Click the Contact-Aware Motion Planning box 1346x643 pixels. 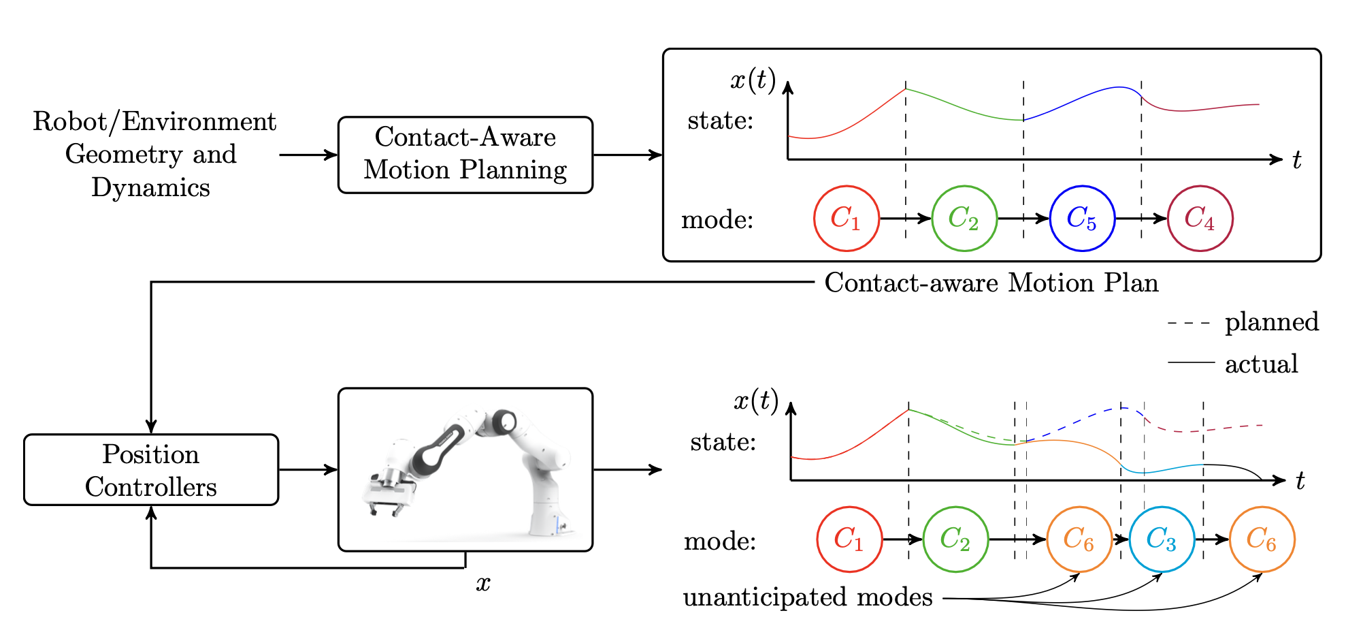pyautogui.click(x=465, y=155)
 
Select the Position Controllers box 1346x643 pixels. pyautogui.click(x=151, y=470)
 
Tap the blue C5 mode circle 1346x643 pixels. pyautogui.click(x=1082, y=219)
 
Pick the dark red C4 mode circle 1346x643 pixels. pyautogui.click(x=1200, y=219)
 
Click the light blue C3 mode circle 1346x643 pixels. pyautogui.click(x=1162, y=539)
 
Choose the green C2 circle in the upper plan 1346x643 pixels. pyautogui.click(x=964, y=219)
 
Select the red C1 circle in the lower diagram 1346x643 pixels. pyautogui.click(x=849, y=539)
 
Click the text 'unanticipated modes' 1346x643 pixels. pyautogui.click(x=808, y=597)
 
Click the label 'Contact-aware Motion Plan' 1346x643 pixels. pyautogui.click(x=991, y=283)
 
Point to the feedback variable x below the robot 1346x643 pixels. pyautogui.click(x=483, y=584)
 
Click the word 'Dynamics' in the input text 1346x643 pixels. pyautogui.click(x=151, y=187)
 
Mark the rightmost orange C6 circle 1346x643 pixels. pyautogui.click(x=1262, y=539)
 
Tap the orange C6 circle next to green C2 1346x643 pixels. pyautogui.click(x=1079, y=539)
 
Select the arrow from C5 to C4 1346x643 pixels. pyautogui.click(x=1141, y=219)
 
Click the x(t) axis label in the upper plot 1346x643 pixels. pyautogui.click(x=753, y=80)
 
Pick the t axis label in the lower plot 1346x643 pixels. pyautogui.click(x=1300, y=482)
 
